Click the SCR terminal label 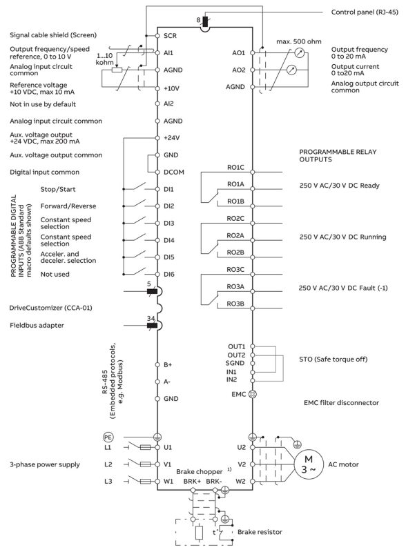[x=170, y=36]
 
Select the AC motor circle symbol [x=309, y=464]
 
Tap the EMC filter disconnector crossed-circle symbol [x=252, y=394]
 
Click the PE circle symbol [x=108, y=437]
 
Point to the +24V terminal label [x=171, y=137]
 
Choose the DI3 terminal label [x=168, y=223]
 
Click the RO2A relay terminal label [x=235, y=235]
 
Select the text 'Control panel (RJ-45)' [x=365, y=12]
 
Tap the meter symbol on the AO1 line [x=299, y=53]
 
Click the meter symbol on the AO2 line [x=291, y=70]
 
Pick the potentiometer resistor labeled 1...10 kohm [x=117, y=70]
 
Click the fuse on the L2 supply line [x=146, y=464]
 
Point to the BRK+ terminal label [x=192, y=481]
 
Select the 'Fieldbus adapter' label [x=37, y=325]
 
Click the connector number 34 [x=151, y=318]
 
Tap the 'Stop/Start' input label [x=58, y=189]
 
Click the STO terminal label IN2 [x=231, y=379]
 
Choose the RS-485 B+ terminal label [x=168, y=365]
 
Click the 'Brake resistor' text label [x=260, y=532]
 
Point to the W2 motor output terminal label [x=240, y=481]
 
